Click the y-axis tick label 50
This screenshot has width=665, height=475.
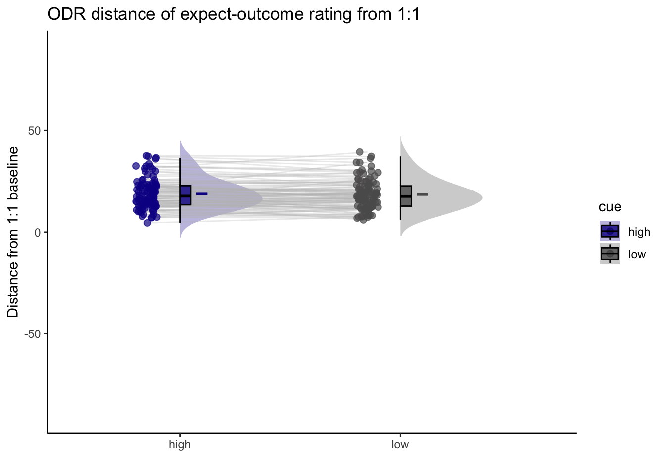(34, 131)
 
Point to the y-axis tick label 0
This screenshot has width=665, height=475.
(38, 233)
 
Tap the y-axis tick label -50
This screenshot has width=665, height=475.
(32, 334)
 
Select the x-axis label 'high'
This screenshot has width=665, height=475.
(180, 444)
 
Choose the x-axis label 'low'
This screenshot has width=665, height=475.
(400, 444)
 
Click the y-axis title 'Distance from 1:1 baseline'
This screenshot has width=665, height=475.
(13, 232)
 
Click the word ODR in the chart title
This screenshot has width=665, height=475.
(67, 14)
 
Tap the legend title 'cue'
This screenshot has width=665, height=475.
(610, 207)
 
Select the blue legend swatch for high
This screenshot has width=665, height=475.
(610, 231)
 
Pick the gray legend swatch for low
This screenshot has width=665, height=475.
(610, 254)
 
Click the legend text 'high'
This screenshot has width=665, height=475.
(639, 232)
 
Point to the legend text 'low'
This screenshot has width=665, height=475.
(637, 254)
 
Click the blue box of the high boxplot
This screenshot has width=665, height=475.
(186, 195)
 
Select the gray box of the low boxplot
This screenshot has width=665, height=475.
(406, 196)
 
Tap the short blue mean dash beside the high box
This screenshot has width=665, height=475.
(202, 194)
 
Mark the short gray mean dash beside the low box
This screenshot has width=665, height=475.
(423, 194)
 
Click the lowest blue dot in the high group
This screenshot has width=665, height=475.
(147, 223)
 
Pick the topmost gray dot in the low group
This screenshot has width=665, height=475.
(360, 152)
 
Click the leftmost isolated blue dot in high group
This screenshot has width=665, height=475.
(136, 166)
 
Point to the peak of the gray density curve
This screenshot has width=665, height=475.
(482, 197)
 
